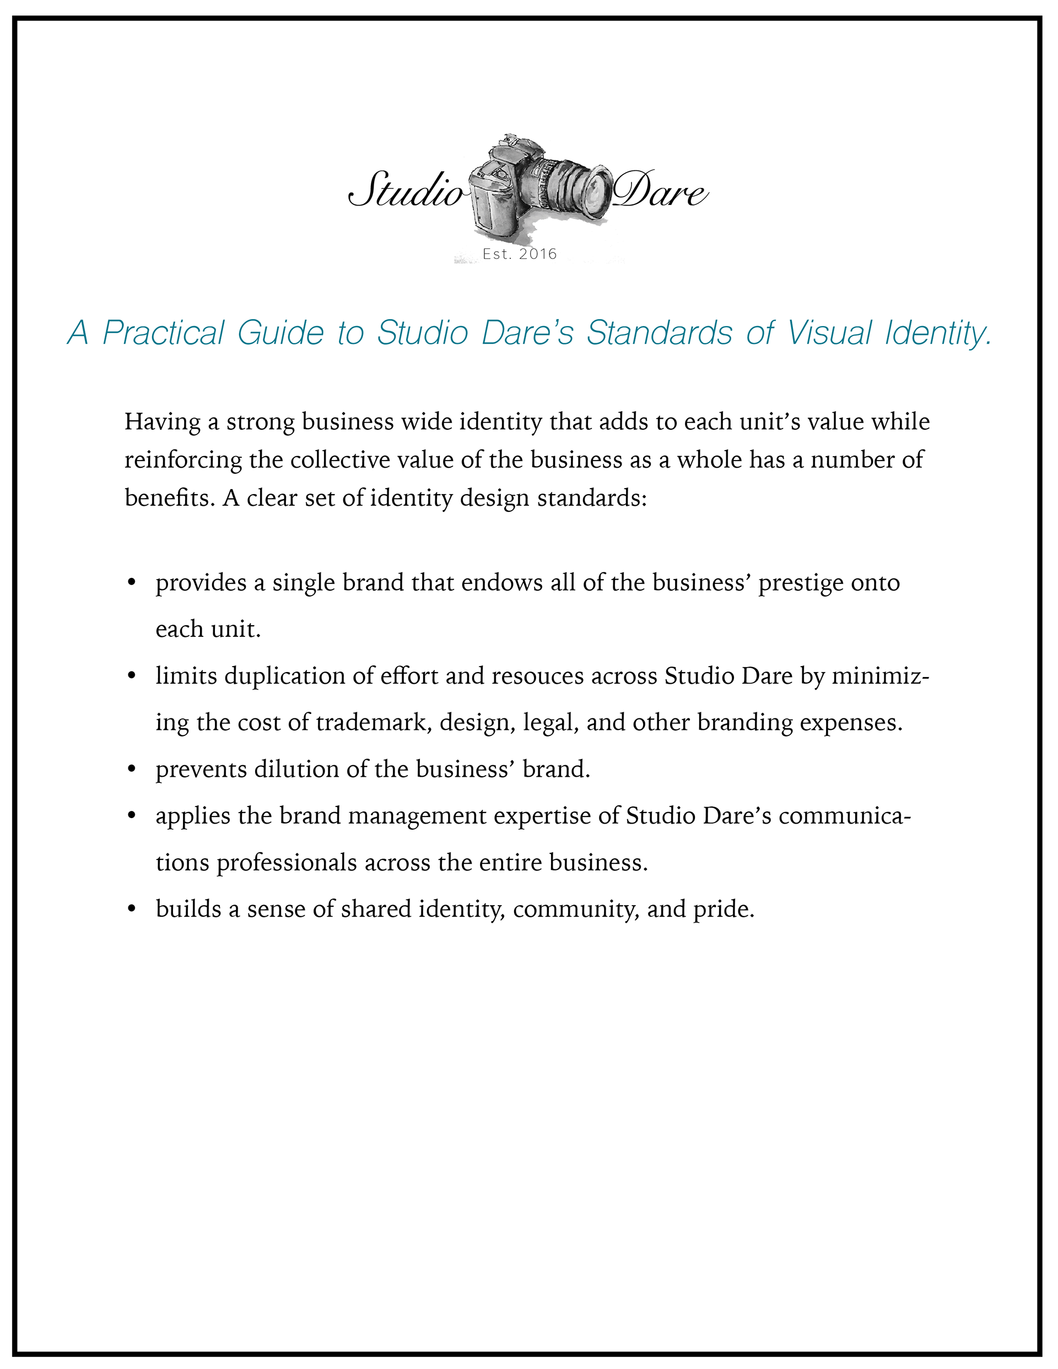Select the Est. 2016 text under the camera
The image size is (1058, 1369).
coord(520,254)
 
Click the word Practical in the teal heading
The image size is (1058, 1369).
coord(163,333)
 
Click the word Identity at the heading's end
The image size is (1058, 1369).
coord(938,333)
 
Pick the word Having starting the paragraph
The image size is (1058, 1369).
coord(162,422)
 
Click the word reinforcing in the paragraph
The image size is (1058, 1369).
coord(183,460)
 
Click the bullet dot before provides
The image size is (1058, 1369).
coord(132,583)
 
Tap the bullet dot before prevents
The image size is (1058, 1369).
coord(132,769)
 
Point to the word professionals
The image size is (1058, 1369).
coord(287,863)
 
